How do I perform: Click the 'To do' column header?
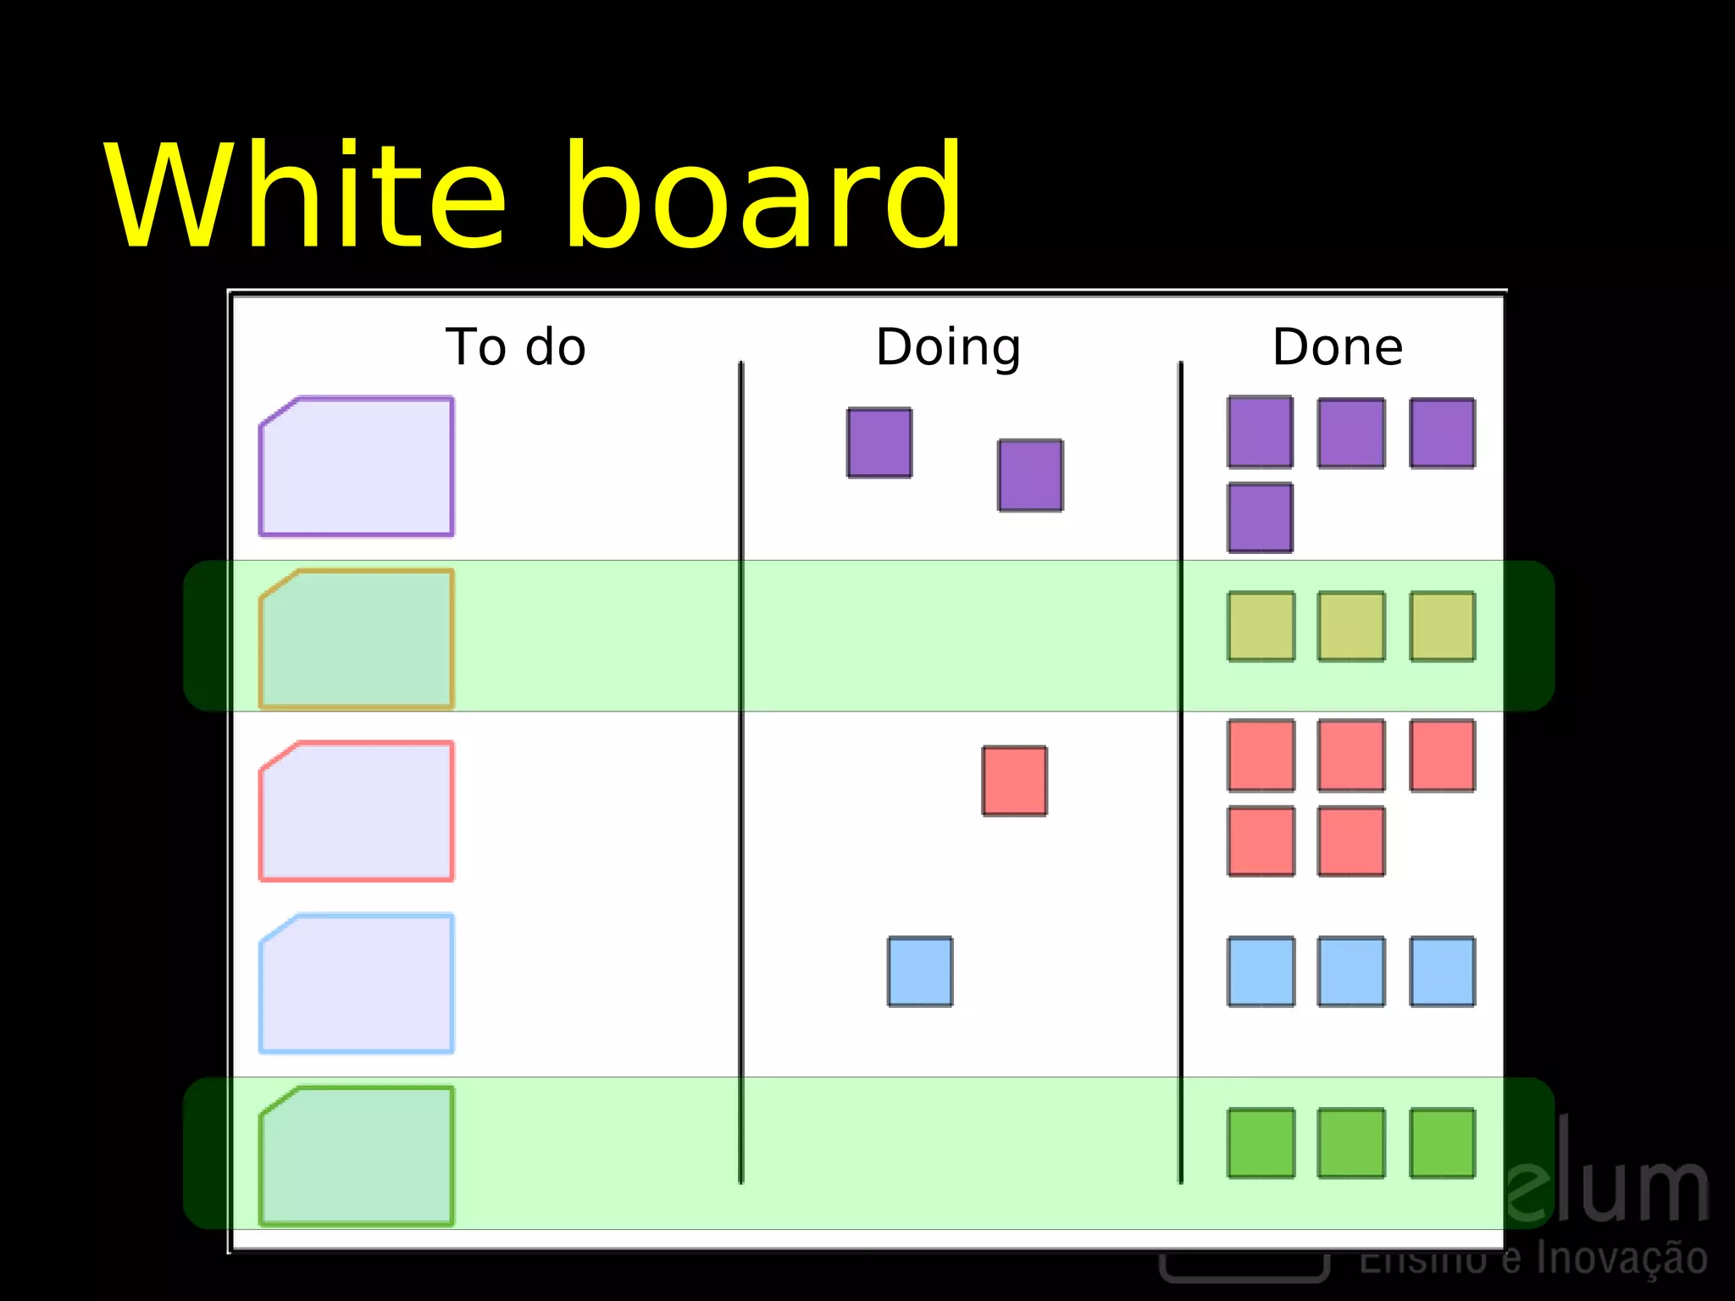tap(515, 347)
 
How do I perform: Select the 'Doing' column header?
tap(948, 347)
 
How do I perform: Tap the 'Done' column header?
tap(1338, 347)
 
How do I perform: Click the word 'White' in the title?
tap(305, 197)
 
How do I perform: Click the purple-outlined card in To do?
tap(357, 467)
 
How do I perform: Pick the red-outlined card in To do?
tap(357, 811)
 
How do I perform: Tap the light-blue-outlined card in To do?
tap(357, 983)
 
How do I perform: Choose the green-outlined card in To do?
tap(357, 1156)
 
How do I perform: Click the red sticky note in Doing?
tap(1014, 781)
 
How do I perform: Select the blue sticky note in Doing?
tap(920, 972)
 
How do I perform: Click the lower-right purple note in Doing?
tap(1030, 475)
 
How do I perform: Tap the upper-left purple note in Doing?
tap(879, 443)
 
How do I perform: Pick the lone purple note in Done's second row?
tap(1261, 518)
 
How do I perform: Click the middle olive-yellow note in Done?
tap(1351, 627)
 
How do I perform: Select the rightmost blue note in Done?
tap(1442, 972)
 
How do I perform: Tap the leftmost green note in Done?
tap(1261, 1143)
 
